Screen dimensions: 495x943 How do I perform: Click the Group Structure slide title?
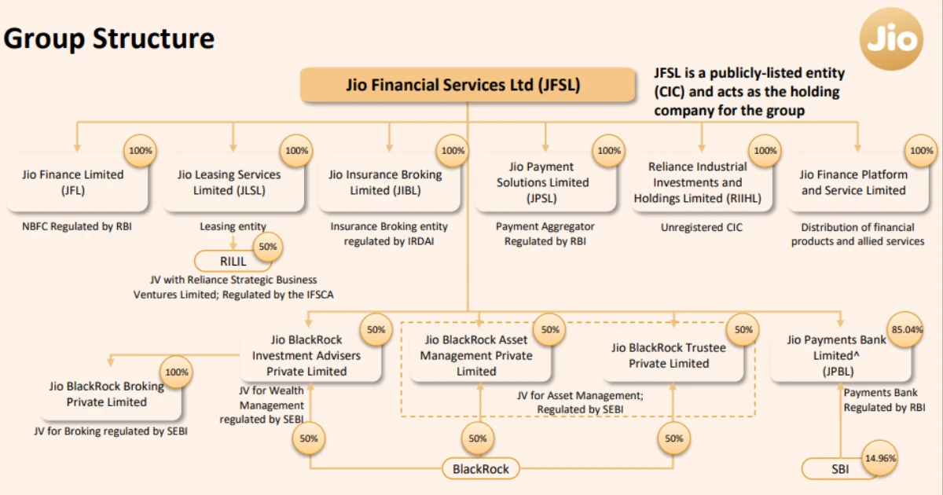[108, 38]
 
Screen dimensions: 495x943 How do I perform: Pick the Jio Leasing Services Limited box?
[229, 182]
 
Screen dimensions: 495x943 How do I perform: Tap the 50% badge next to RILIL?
[267, 247]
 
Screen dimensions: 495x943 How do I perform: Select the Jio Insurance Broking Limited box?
[385, 182]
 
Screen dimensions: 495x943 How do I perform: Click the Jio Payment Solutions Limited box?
[541, 182]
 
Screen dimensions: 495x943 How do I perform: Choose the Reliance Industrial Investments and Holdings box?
[697, 182]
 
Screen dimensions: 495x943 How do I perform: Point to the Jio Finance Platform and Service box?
[853, 182]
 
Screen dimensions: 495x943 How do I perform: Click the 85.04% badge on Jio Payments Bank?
[904, 330]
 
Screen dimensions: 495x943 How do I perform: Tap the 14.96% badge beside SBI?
[879, 457]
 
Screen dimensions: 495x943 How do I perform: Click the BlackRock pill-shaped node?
[480, 469]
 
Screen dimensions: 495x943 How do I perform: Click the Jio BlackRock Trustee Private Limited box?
[669, 355]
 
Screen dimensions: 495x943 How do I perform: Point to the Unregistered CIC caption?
[701, 228]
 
